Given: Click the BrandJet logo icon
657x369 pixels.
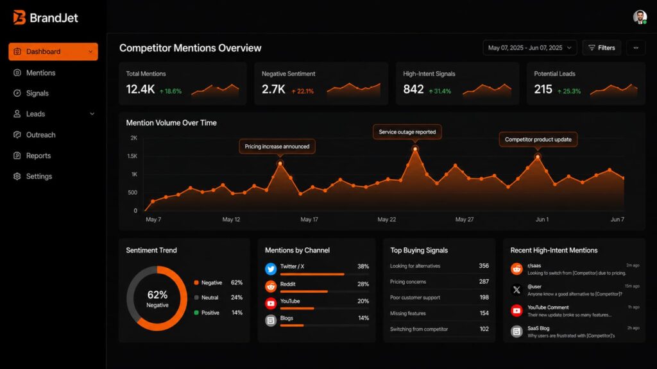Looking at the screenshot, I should click(x=19, y=17).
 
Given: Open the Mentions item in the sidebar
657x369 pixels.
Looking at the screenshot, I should click(x=40, y=72).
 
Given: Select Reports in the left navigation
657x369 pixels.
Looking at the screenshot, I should click(x=38, y=156).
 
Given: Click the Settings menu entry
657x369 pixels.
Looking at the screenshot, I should click(x=38, y=176).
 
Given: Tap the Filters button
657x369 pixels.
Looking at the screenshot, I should click(x=601, y=48).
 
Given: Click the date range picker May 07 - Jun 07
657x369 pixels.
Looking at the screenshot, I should click(x=529, y=48).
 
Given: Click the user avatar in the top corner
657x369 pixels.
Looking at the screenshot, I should click(x=640, y=17).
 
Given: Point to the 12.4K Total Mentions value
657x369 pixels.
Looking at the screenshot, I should click(x=140, y=90).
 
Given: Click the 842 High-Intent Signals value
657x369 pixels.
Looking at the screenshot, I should click(x=413, y=90).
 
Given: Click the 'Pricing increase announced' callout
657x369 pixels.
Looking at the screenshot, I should click(x=277, y=146).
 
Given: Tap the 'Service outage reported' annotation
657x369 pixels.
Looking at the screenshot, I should click(x=407, y=132).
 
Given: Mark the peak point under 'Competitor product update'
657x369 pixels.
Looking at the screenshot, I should click(x=538, y=156).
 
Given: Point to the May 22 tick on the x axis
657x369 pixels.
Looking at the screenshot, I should click(x=387, y=219).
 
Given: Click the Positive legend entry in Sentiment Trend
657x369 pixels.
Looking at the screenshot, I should click(x=210, y=313).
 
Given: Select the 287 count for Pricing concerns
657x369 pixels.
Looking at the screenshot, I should click(x=483, y=282).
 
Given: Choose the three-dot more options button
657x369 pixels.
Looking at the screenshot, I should click(x=636, y=48).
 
